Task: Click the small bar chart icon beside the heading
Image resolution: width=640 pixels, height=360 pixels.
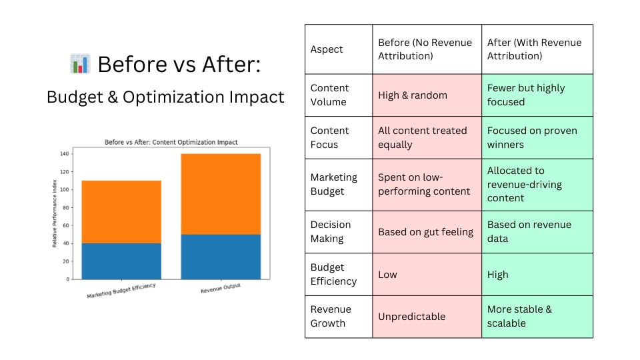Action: coord(80,64)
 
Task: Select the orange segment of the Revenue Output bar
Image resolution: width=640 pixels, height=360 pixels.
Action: coord(221,194)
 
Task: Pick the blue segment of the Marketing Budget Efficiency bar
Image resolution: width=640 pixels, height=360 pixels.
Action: coord(121,261)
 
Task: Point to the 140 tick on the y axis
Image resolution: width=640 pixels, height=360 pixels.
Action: coord(65,154)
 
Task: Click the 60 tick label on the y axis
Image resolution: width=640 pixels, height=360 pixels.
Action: coord(66,225)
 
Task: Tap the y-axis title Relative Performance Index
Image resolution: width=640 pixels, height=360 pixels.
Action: coord(54,213)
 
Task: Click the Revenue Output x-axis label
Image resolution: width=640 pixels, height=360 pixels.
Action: coord(221,288)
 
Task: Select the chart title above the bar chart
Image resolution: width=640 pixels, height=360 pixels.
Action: coord(171,142)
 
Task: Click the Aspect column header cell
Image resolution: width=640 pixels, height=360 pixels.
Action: coord(339,49)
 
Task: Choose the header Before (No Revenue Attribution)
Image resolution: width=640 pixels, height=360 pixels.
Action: coord(427,49)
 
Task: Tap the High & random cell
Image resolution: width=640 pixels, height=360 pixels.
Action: coord(427,95)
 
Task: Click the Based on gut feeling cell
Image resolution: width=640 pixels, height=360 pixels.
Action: coord(427,232)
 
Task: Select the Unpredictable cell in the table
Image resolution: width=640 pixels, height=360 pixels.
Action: coord(427,317)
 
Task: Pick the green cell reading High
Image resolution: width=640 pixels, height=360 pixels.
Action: coord(537,274)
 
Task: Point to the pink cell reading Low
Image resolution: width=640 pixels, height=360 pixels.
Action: coord(427,274)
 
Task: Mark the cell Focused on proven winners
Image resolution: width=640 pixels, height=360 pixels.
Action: coord(537,137)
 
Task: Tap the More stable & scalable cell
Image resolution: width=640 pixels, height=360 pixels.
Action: coord(537,317)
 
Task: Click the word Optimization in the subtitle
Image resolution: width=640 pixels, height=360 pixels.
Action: coord(173,97)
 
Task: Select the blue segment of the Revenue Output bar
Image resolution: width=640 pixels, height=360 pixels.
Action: coord(221,257)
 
